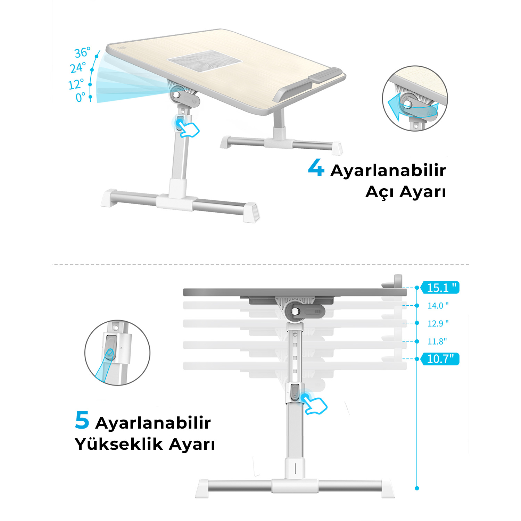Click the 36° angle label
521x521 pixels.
(83, 52)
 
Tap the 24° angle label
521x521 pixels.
(78, 68)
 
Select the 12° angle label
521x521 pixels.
(76, 84)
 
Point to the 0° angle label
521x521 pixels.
(80, 97)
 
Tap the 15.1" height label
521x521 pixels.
(440, 288)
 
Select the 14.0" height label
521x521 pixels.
(438, 306)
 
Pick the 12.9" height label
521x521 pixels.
(438, 323)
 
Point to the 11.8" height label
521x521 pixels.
(437, 341)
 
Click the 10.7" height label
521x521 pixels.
(440, 359)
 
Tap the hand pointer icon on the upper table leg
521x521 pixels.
(187, 128)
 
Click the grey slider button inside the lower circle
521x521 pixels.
(109, 348)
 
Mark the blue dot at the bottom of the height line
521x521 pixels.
(417, 488)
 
